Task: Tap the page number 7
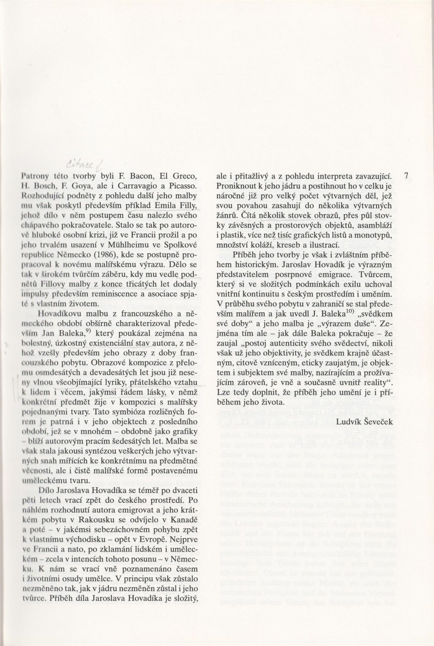coord(406,176)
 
